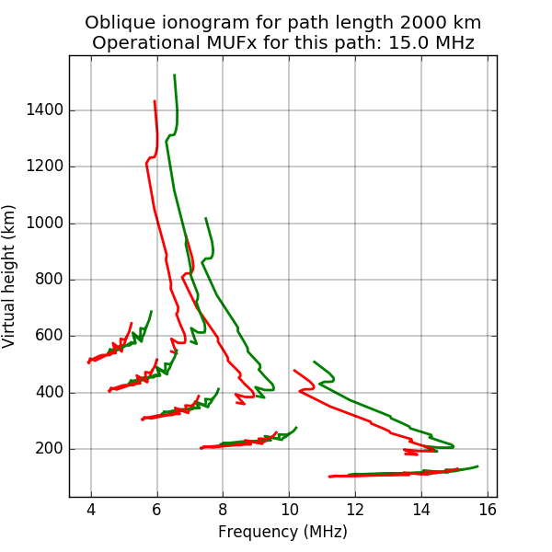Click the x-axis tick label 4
[91, 509]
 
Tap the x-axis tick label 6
[156, 509]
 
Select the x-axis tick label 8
[223, 509]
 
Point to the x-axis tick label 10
[289, 509]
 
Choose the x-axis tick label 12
[355, 509]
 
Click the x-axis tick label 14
[421, 509]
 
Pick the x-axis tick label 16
[487, 509]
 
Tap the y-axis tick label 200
[50, 449]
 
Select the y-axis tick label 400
[50, 393]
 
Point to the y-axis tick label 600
[50, 336]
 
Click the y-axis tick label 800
[50, 280]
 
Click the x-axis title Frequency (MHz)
[282, 532]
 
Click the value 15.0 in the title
[408, 42]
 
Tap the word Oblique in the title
[117, 22]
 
